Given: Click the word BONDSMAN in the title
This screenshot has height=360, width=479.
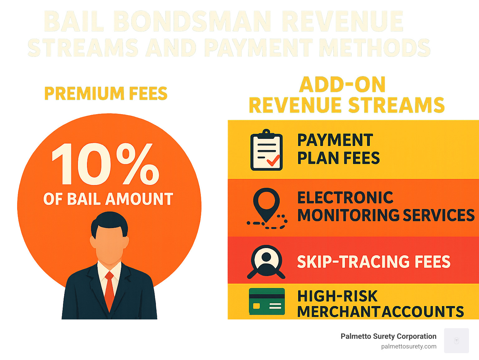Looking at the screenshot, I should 192,22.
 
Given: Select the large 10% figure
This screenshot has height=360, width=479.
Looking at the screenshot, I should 105,164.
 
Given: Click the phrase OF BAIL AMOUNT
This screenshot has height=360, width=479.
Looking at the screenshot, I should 108,199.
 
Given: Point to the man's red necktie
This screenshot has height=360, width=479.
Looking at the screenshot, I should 109,290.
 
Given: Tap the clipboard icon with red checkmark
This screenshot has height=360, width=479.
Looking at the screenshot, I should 266,150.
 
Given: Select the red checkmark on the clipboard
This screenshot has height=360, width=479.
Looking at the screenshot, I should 273,161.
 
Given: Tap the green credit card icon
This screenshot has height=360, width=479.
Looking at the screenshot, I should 267,301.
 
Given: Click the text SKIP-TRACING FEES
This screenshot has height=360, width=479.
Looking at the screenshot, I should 374,262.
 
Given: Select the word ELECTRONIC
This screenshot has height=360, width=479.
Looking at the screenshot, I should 345,198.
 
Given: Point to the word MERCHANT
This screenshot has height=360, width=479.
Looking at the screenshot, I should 338,312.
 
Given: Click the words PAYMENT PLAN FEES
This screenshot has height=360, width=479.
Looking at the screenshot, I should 338,149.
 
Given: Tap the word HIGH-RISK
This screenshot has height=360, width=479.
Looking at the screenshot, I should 337,296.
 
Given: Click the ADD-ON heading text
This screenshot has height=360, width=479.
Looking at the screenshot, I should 342,85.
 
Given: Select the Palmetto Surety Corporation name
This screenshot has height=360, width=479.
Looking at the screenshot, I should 388,336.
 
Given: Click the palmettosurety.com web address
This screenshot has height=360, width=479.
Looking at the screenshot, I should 409,346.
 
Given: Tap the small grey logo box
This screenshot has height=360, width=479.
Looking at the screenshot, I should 456,340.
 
